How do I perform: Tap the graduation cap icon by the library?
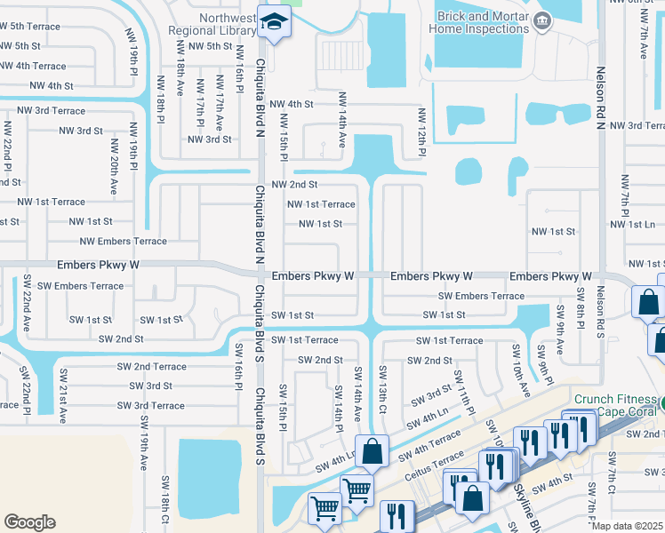(x=273, y=22)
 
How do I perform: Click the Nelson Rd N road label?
(x=601, y=98)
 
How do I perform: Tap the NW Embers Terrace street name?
(x=123, y=241)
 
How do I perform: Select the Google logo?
(x=29, y=522)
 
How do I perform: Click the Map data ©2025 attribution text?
(x=627, y=526)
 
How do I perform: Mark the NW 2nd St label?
(x=294, y=185)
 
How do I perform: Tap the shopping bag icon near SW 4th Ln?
(x=373, y=450)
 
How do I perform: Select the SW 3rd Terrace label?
(x=151, y=405)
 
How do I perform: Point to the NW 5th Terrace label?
(x=30, y=27)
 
